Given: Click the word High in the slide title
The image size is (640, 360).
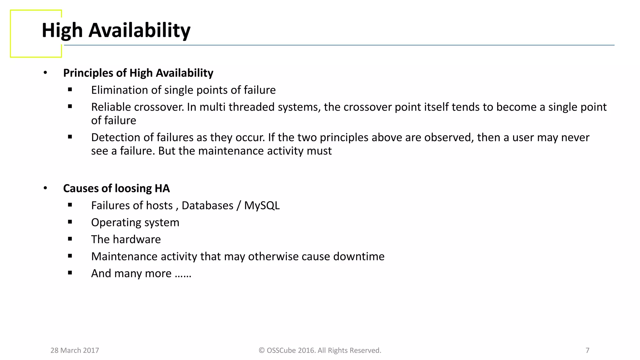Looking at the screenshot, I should coord(62,31).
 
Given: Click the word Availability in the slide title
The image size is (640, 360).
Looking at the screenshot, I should coord(139,31).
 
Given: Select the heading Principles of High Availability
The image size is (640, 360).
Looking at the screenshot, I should coord(138,73).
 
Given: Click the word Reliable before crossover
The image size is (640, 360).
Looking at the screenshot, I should coord(111,107).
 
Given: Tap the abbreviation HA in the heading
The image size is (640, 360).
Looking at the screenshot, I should coord(162,188).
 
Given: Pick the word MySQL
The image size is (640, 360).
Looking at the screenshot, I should coord(262,206).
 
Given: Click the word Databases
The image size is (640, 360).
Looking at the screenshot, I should coord(207,206).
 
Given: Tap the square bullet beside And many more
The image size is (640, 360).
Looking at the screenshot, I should coord(70,273).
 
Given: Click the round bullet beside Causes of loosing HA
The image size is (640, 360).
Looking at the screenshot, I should coord(45,188).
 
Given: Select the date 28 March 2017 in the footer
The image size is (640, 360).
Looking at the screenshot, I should coord(75,350).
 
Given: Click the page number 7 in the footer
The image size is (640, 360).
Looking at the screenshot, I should coord(587,350).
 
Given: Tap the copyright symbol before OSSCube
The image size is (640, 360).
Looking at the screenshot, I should coord(262,350).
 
